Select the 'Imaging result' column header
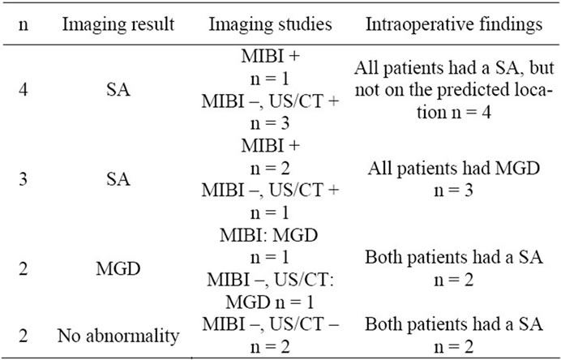pyautogui.click(x=118, y=24)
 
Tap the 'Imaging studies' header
pyautogui.click(x=271, y=24)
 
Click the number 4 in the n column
pyautogui.click(x=24, y=89)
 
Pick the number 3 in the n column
pyautogui.click(x=24, y=179)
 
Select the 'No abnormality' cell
pyautogui.click(x=118, y=336)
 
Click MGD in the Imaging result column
pyautogui.click(x=118, y=268)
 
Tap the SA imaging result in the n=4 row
pyautogui.click(x=118, y=89)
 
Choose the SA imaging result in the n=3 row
pyautogui.click(x=118, y=179)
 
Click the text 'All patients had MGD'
pyautogui.click(x=454, y=168)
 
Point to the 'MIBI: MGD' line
pyautogui.click(x=268, y=235)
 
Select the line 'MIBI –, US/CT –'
pyautogui.click(x=271, y=324)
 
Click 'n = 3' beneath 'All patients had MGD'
pyautogui.click(x=454, y=191)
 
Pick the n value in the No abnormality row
pyautogui.click(x=24, y=336)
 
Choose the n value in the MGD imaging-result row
pyautogui.click(x=24, y=268)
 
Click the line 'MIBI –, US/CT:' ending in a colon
pyautogui.click(x=271, y=280)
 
